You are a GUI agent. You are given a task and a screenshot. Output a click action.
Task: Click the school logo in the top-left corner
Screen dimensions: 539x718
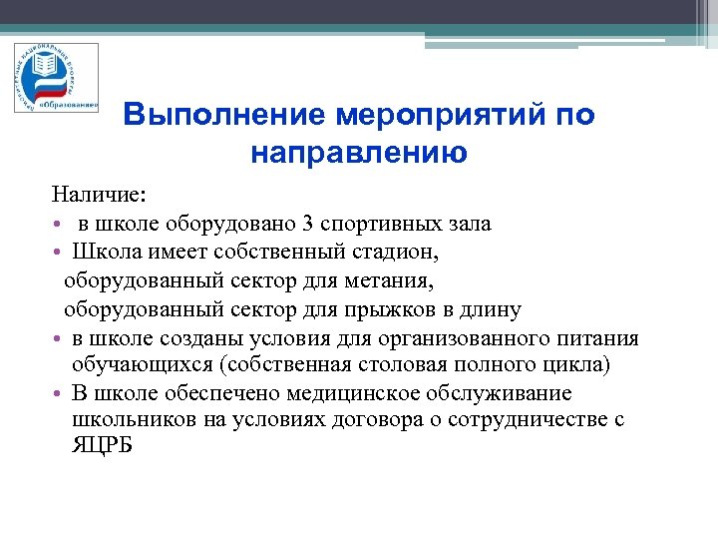(x=56, y=78)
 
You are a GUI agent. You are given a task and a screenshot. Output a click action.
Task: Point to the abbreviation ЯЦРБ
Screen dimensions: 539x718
(x=102, y=446)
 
